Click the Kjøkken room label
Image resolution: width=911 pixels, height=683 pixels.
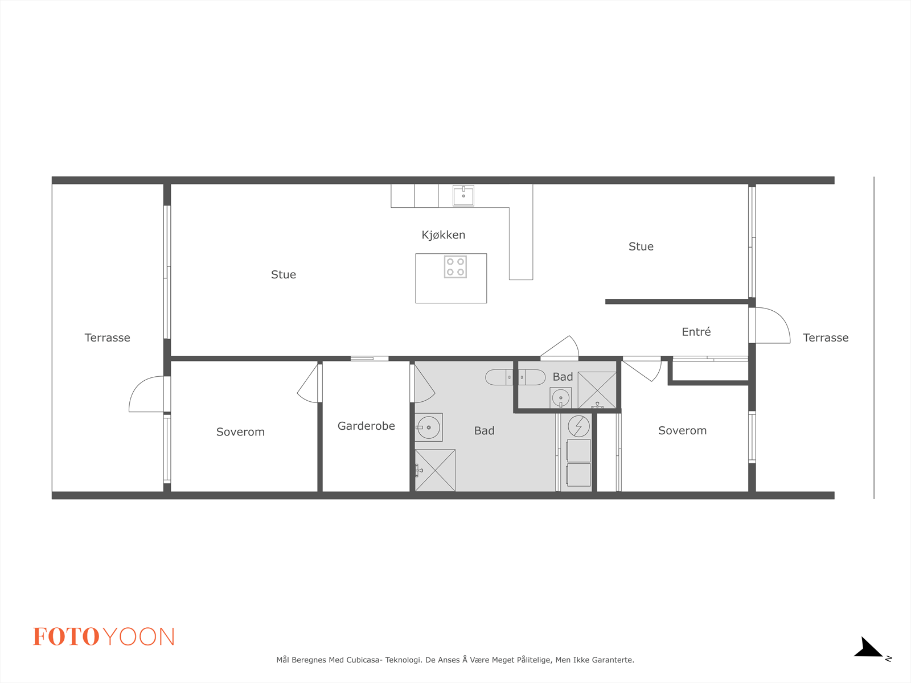(443, 235)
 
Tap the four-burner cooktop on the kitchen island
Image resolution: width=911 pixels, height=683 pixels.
(455, 266)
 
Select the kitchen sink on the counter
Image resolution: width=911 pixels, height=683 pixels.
(463, 195)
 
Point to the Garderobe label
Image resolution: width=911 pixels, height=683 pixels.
(366, 426)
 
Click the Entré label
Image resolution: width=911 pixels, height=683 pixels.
(696, 332)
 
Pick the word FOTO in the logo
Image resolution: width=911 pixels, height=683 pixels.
(67, 636)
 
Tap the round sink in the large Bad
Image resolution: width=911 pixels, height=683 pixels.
(429, 427)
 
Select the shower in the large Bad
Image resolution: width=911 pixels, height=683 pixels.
(435, 470)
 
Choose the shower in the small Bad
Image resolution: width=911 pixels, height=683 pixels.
(597, 390)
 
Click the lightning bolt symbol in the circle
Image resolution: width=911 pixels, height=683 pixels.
(578, 426)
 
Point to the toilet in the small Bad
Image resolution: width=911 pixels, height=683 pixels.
(531, 377)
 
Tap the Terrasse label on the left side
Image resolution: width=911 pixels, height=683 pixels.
(108, 338)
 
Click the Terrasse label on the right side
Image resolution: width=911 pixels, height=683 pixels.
(826, 338)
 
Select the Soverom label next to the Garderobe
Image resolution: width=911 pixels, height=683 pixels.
(240, 431)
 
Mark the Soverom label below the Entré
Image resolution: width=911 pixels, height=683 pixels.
(682, 430)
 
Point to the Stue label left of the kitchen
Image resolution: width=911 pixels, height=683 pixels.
(284, 274)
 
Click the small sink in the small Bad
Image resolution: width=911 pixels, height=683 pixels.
(561, 398)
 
